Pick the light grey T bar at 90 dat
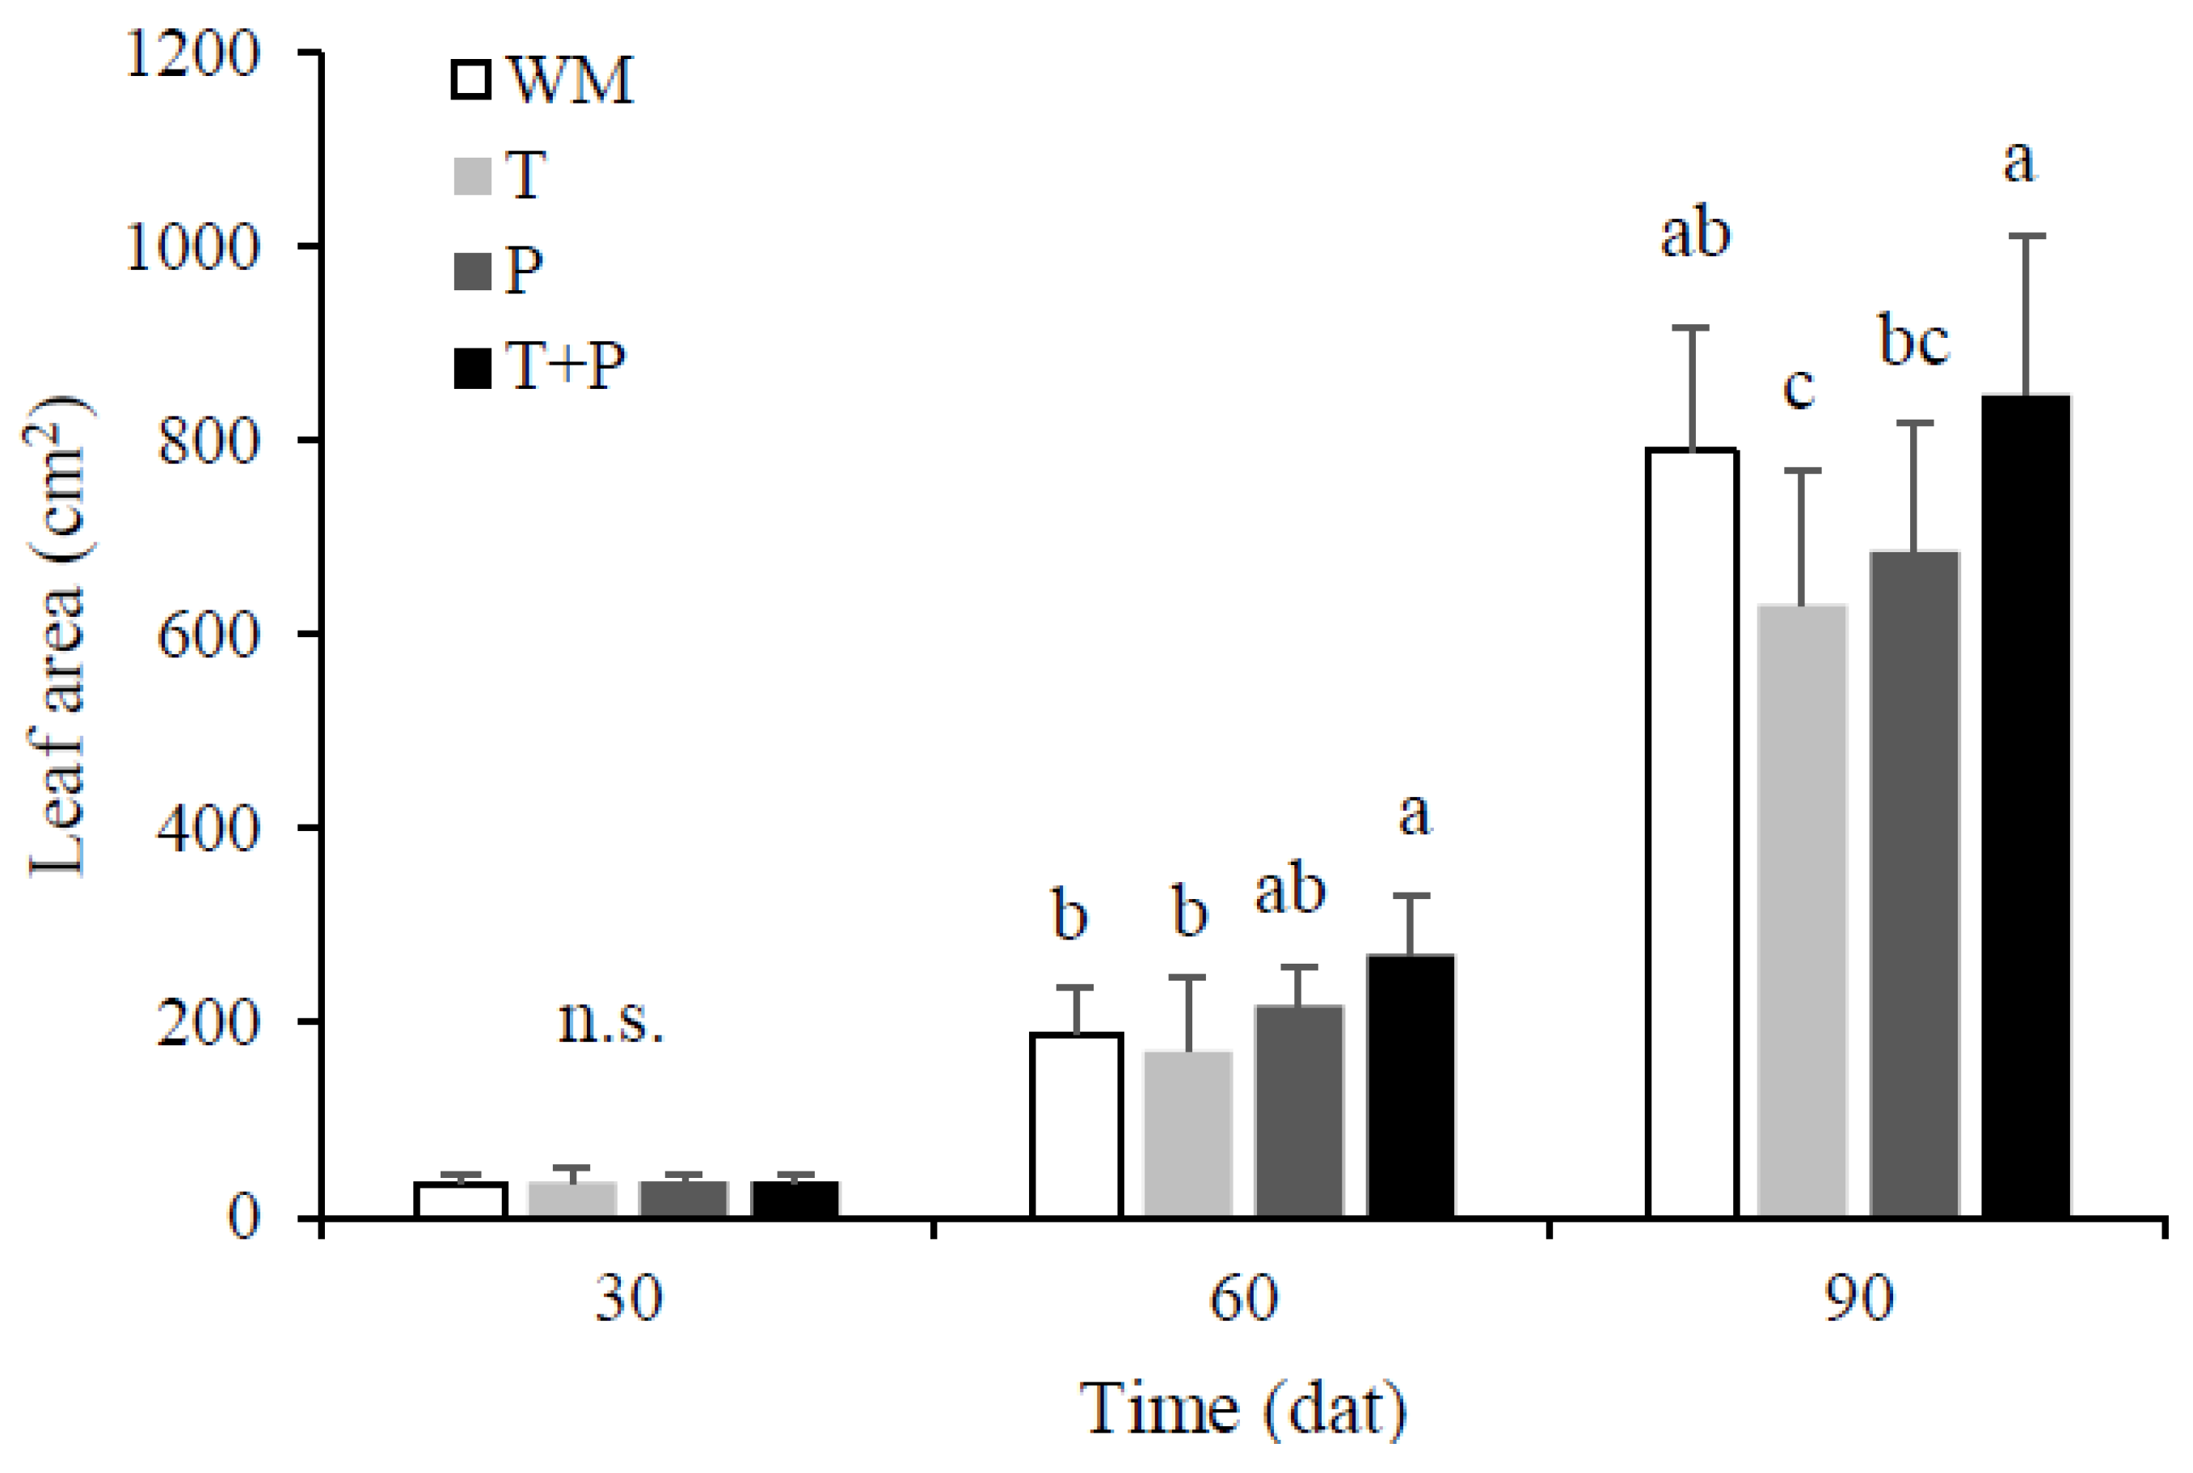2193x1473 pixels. [x=1801, y=910]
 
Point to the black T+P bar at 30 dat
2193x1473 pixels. [x=795, y=1199]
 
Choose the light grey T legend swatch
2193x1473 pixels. [x=472, y=176]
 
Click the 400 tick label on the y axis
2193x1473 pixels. [x=207, y=829]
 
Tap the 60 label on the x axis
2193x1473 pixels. [x=1242, y=1299]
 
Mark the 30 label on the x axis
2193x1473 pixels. [x=628, y=1299]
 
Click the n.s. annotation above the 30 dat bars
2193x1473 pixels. [x=610, y=1021]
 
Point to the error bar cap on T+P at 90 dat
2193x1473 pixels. [x=2026, y=236]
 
